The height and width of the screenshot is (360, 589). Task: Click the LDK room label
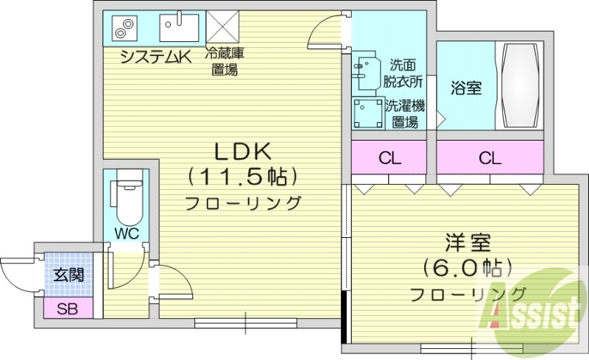pos(244,152)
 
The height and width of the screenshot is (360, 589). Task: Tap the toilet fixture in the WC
pos(128,199)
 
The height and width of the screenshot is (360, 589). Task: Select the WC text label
pos(126,234)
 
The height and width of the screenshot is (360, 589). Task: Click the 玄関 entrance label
pos(68,275)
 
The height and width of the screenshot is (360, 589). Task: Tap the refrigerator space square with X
pos(220,27)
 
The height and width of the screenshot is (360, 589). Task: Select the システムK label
pos(154,57)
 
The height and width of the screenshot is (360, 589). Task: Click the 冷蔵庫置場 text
pos(225,62)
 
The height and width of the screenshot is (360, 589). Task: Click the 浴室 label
pos(465,88)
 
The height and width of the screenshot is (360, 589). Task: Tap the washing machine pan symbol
pos(366,113)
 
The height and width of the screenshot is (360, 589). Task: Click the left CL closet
pos(389,158)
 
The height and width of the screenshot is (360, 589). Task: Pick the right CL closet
pos(489,158)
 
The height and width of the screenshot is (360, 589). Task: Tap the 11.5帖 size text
pos(243,177)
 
